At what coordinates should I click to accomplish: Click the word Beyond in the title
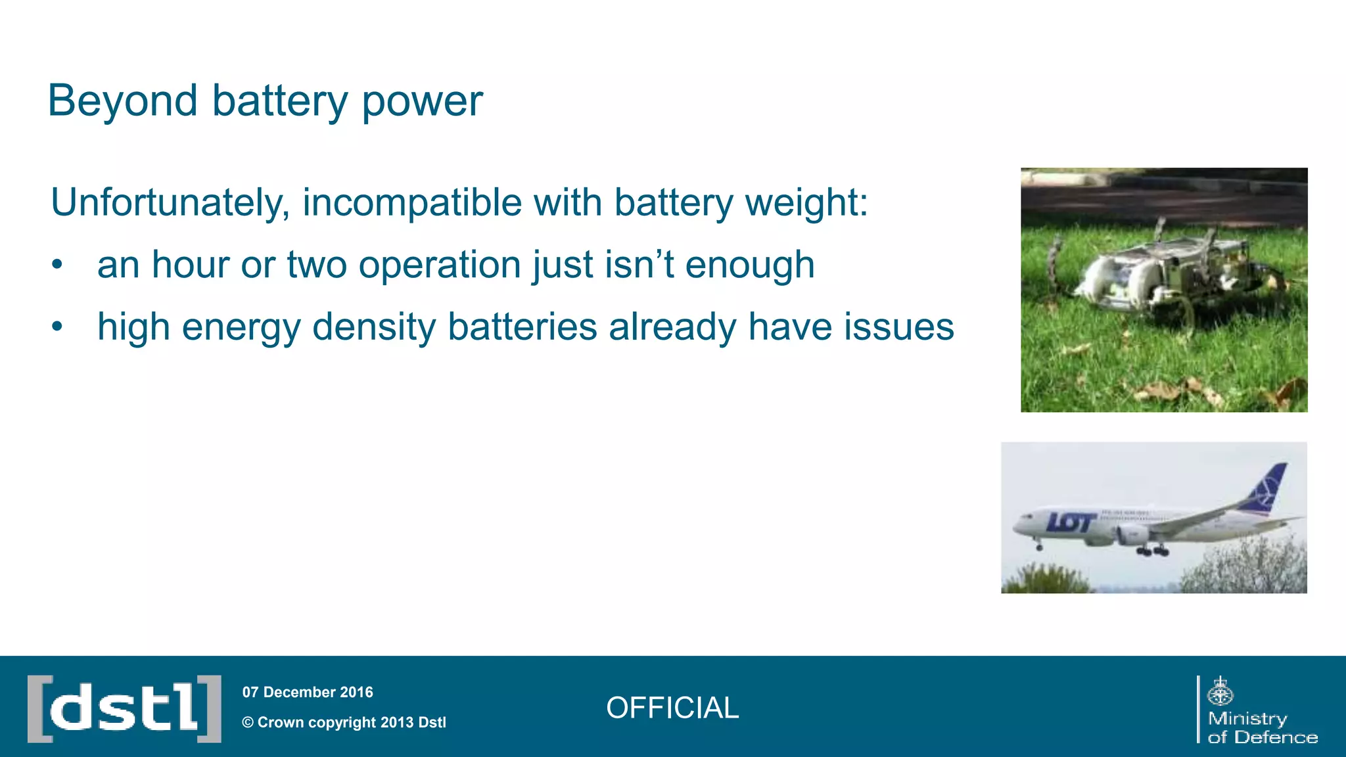(122, 101)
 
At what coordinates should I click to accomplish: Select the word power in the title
(422, 103)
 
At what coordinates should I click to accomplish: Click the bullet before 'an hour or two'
(57, 265)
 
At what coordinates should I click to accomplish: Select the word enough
(749, 265)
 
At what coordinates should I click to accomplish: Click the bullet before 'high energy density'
(57, 327)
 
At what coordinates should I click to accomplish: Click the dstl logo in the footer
(124, 708)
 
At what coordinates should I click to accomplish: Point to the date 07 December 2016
(308, 692)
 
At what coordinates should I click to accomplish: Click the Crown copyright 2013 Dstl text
(344, 722)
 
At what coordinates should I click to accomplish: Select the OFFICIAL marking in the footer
(672, 708)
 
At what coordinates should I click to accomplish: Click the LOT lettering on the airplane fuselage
(1070, 522)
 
